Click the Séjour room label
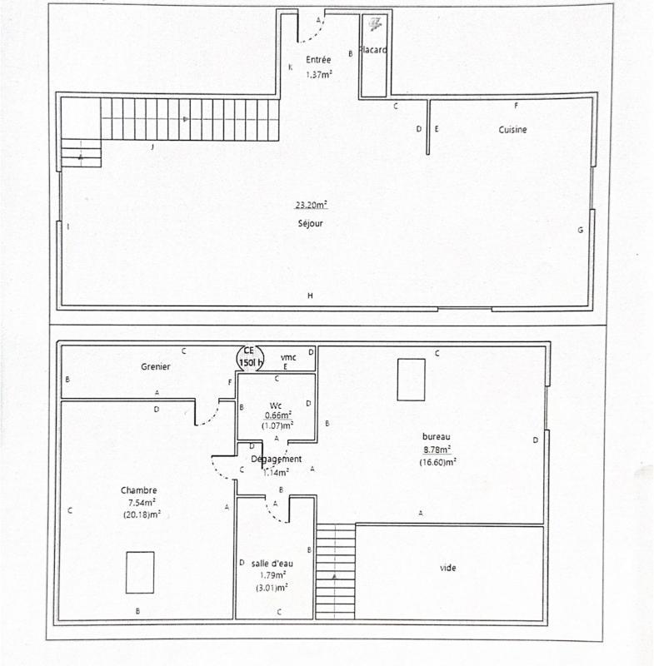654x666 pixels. click(x=310, y=223)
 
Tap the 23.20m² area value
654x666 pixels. click(x=310, y=205)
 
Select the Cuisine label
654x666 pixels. click(x=512, y=130)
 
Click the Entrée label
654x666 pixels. click(x=318, y=60)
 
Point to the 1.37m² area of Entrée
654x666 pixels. click(x=318, y=74)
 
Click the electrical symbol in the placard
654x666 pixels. click(x=376, y=23)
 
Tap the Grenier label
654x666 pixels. click(x=155, y=366)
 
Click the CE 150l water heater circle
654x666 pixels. click(x=249, y=357)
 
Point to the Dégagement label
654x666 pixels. click(x=276, y=459)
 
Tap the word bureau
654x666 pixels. click(x=437, y=436)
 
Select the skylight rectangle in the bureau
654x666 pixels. click(x=410, y=379)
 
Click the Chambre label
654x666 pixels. click(x=138, y=490)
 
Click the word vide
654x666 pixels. click(x=447, y=568)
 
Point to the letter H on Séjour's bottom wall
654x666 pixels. click(x=310, y=296)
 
